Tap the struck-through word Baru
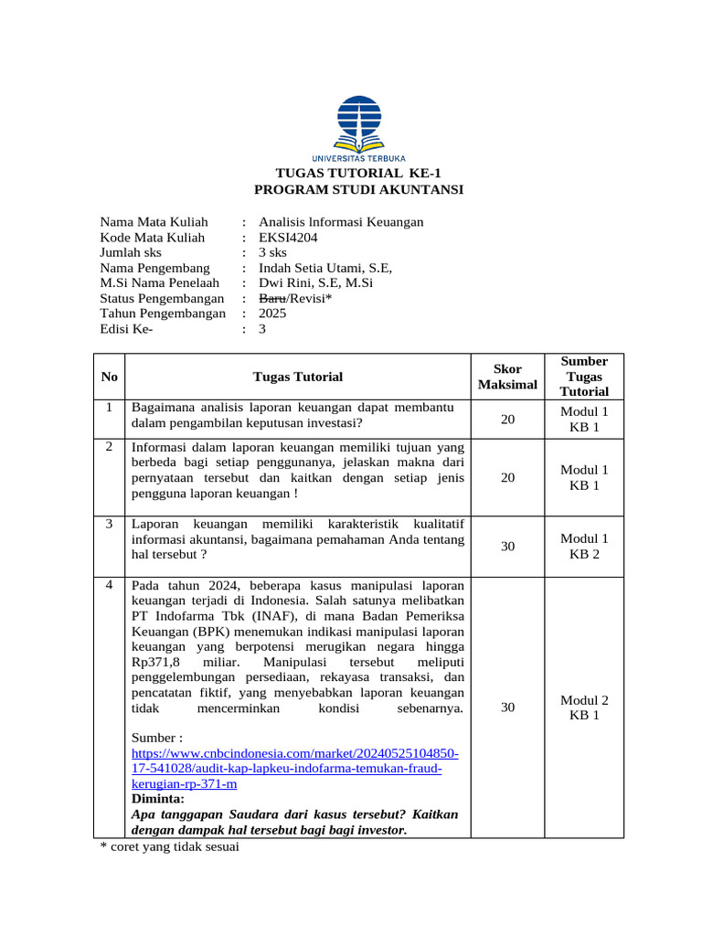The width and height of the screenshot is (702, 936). pyautogui.click(x=271, y=299)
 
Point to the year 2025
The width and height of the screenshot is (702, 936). pyautogui.click(x=272, y=314)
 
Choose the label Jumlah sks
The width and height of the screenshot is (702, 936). pyautogui.click(x=131, y=252)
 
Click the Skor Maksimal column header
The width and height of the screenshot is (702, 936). pyautogui.click(x=507, y=377)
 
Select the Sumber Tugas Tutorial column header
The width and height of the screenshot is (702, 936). pyautogui.click(x=585, y=376)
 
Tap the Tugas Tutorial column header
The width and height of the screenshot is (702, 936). pyautogui.click(x=298, y=377)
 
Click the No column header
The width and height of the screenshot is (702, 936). pyautogui.click(x=110, y=377)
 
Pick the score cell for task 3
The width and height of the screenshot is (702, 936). pyautogui.click(x=507, y=547)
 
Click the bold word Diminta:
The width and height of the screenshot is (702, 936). pyautogui.click(x=158, y=798)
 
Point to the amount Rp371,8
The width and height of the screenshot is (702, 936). pyautogui.click(x=161, y=662)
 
